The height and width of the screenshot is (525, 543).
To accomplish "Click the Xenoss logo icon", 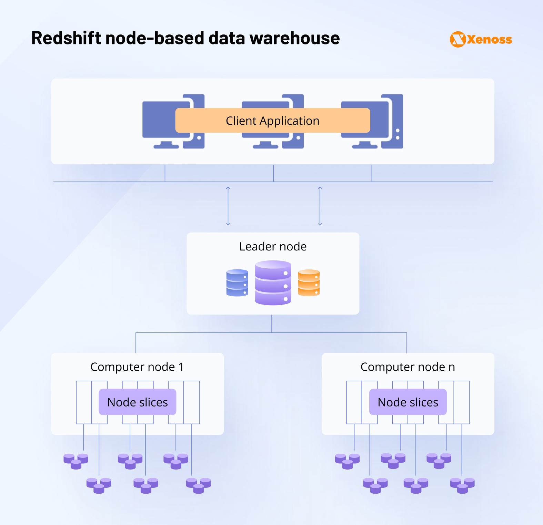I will coord(458,39).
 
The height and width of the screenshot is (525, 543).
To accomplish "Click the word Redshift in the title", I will coord(66,38).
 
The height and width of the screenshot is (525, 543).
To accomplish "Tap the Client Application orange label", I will coord(272,121).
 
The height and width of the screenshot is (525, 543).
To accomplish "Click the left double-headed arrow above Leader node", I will coord(228,206).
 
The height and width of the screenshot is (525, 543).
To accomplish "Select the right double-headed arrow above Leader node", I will coord(320,206).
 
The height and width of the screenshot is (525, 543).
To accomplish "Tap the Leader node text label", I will coord(273,247).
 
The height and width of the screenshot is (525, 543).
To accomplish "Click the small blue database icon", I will coord(237,283).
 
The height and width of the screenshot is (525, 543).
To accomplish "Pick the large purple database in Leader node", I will coord(273,283).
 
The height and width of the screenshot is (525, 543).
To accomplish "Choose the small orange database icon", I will coord(309,283).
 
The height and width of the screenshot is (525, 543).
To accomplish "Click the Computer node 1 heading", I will coord(137,367).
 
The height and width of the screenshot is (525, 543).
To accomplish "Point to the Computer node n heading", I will coord(408,367).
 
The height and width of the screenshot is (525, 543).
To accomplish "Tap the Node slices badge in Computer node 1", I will coord(138,402).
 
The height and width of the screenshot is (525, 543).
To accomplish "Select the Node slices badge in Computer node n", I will coord(408,402).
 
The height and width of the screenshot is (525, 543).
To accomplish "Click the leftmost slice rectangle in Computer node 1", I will coord(84,402).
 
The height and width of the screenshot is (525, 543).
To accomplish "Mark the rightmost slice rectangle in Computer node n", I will coord(462,402).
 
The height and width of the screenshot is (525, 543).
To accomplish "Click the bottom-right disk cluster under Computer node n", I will coord(462,485).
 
